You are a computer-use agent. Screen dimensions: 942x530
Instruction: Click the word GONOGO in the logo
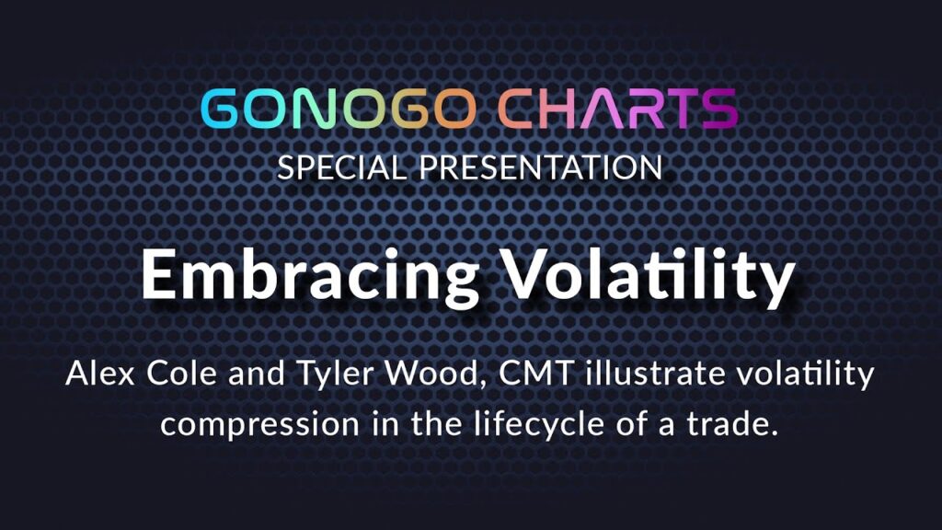pyautogui.click(x=339, y=109)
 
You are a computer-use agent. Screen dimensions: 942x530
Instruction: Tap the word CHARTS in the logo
pyautogui.click(x=617, y=109)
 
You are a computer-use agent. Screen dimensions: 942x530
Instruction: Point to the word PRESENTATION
pyautogui.click(x=541, y=167)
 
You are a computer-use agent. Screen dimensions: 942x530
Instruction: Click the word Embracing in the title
pyautogui.click(x=310, y=274)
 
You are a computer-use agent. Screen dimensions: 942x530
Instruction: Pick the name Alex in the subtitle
pyautogui.click(x=100, y=374)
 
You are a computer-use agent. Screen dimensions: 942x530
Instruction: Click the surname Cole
pyautogui.click(x=181, y=374)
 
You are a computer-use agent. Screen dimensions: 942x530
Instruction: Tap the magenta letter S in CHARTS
pyautogui.click(x=718, y=109)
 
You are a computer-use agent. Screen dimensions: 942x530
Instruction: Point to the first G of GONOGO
pyautogui.click(x=221, y=109)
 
